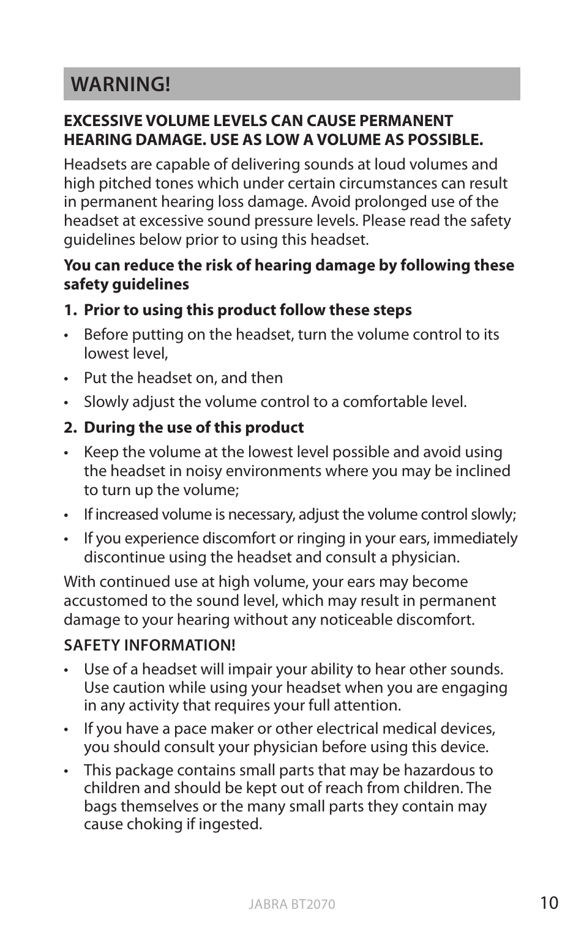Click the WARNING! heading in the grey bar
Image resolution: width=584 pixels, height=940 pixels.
tap(121, 84)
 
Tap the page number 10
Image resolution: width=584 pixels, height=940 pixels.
tap(549, 903)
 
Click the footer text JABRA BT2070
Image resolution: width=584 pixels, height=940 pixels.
tap(292, 905)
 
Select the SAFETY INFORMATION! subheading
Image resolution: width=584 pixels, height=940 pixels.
tap(149, 645)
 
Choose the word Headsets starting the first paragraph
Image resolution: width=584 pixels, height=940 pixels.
tap(94, 165)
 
